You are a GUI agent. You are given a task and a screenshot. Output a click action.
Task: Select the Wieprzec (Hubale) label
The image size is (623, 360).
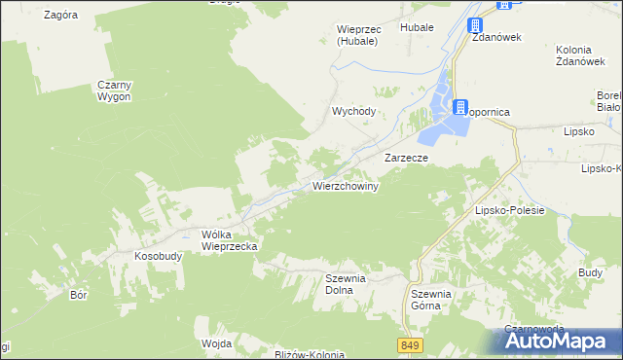pyautogui.click(x=359, y=35)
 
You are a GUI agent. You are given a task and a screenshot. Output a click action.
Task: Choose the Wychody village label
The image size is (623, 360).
pyautogui.click(x=353, y=111)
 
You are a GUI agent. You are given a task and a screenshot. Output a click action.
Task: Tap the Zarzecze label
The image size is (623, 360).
pyautogui.click(x=408, y=157)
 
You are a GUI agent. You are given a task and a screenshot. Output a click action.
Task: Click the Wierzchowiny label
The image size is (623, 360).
pyautogui.click(x=345, y=185)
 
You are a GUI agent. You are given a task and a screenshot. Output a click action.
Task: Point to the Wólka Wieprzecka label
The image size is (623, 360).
pyautogui.click(x=229, y=240)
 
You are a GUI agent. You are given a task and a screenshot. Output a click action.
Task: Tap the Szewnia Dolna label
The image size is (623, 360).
pyautogui.click(x=345, y=283)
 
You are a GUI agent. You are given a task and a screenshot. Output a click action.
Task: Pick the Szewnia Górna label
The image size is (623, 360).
pyautogui.click(x=431, y=299)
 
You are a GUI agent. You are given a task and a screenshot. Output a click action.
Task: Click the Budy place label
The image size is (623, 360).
pyautogui.click(x=590, y=273)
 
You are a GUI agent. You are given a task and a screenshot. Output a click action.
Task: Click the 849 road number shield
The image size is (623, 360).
pyautogui.click(x=410, y=345)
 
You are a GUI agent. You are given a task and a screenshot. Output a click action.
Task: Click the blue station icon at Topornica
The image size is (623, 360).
pyautogui.click(x=459, y=107)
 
